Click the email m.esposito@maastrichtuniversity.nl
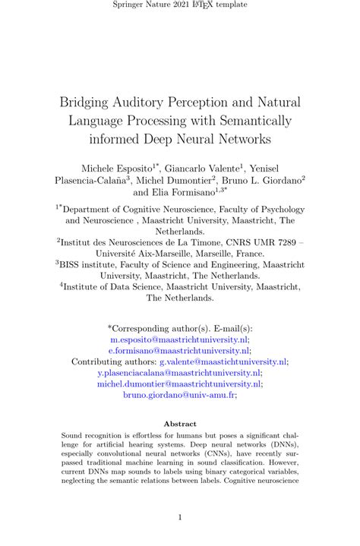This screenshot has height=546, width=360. pos(179,341)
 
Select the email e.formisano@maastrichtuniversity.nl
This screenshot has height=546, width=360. pos(179,352)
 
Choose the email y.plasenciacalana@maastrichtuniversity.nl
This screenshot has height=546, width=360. pos(179,373)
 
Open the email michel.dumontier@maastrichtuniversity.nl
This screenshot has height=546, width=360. pos(179,383)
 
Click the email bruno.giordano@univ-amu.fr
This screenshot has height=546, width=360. pos(179,394)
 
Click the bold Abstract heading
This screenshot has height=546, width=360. pos(180,424)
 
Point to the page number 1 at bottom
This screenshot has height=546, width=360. pos(180,517)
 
